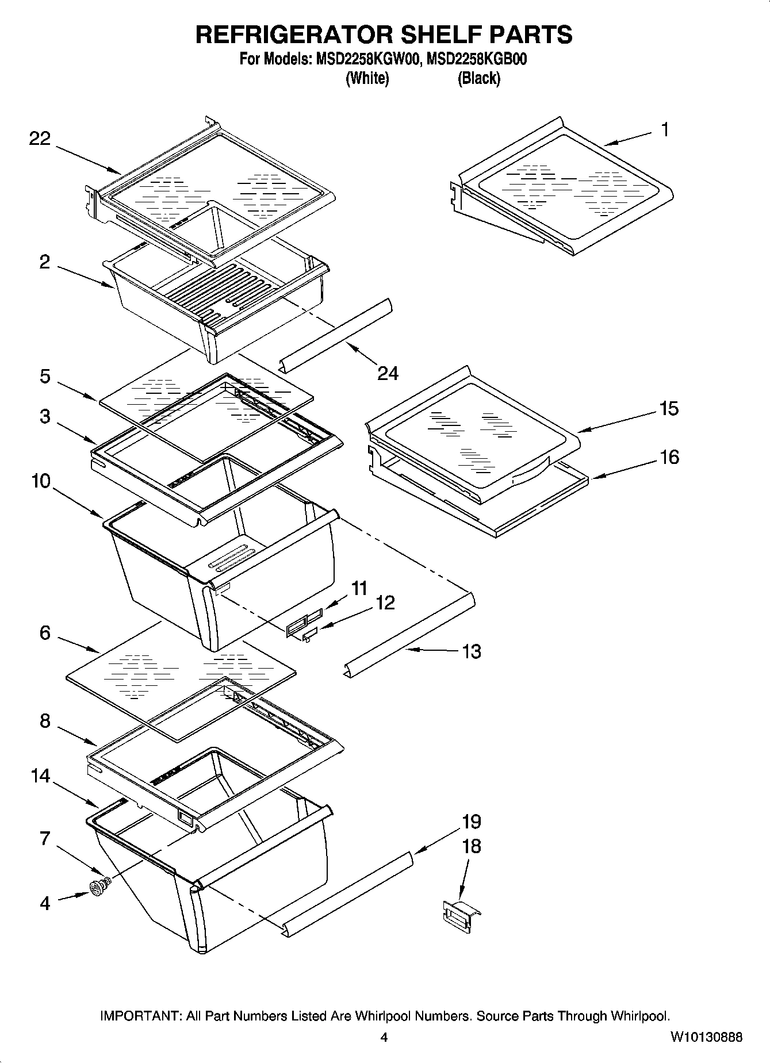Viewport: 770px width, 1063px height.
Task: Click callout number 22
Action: [40, 139]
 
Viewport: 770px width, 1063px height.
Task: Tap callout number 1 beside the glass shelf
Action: [664, 130]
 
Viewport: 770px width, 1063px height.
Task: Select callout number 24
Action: [388, 373]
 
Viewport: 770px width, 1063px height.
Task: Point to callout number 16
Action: [669, 457]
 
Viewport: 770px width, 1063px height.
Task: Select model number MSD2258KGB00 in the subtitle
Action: [477, 60]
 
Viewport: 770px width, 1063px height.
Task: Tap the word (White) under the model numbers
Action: [367, 79]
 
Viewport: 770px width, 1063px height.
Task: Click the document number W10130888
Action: [706, 1038]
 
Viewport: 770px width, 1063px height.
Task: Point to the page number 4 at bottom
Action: [384, 1038]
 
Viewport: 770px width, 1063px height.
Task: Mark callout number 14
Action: [41, 776]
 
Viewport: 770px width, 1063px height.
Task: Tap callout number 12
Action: [386, 603]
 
